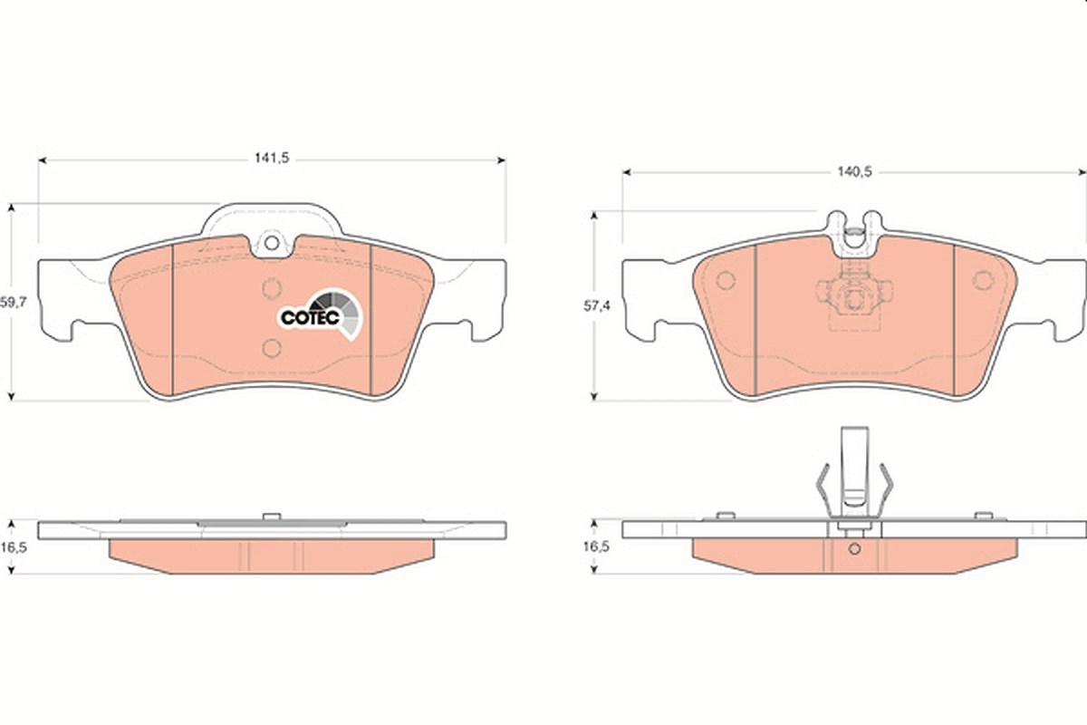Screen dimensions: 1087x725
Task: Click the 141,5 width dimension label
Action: point(272,158)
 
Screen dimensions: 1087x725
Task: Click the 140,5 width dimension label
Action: point(854,171)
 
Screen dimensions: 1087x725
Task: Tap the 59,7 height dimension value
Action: point(13,303)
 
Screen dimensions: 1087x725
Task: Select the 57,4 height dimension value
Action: point(596,306)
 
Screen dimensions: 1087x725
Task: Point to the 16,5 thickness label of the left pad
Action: point(13,547)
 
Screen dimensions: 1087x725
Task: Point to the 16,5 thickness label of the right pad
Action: point(596,546)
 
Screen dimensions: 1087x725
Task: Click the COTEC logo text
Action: point(310,317)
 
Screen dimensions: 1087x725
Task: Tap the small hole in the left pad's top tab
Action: point(272,243)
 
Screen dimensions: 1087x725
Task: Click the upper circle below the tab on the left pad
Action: point(272,289)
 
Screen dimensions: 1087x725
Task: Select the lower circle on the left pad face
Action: point(272,348)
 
